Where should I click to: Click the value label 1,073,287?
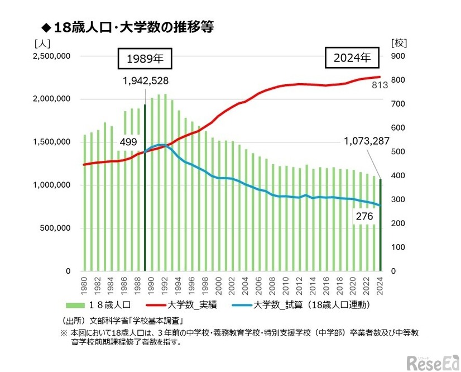coord(366,141)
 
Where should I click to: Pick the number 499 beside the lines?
coord(128,142)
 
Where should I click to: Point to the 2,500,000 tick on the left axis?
coord(51,56)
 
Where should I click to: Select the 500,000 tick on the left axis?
coord(54,228)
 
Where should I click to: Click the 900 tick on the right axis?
coord(397,56)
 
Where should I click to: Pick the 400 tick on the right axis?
coord(397,176)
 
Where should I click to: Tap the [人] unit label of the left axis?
coord(42,42)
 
